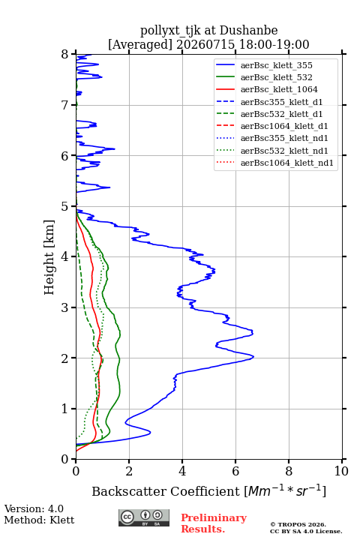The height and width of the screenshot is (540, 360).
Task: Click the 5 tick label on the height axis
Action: point(65,206)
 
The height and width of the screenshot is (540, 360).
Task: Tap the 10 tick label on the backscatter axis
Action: point(341,471)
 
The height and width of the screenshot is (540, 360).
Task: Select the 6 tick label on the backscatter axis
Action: point(235,471)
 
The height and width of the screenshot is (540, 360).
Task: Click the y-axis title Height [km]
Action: point(49,257)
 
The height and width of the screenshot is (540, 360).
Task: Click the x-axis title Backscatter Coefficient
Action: point(166,491)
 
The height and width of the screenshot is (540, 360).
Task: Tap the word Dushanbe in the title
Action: point(248,31)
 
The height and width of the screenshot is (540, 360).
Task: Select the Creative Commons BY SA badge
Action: point(144,518)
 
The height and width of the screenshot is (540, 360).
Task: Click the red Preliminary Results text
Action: point(214,523)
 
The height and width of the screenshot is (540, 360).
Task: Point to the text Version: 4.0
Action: point(34,508)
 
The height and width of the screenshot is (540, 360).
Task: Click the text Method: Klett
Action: point(39,520)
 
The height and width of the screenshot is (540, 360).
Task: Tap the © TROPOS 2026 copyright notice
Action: point(298,524)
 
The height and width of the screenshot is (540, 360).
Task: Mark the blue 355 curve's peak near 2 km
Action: point(253,357)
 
